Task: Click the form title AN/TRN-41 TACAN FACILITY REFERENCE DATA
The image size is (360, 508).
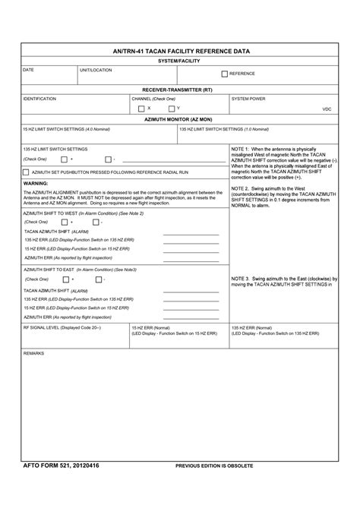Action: coord(181,52)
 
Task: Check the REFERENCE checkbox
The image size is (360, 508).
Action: coord(224,74)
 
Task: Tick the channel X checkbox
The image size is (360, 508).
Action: coord(141,109)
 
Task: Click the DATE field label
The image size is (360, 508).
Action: coord(28,70)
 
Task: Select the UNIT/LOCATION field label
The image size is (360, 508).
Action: coord(96,70)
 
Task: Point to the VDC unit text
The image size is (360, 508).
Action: coord(327,109)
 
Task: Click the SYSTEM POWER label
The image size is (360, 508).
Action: coord(248,99)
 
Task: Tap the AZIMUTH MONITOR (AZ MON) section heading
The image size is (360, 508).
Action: coord(180,119)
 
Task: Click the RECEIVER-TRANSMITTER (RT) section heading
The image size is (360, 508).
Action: coord(180,90)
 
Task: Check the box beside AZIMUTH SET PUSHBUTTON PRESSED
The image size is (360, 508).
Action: coord(27,172)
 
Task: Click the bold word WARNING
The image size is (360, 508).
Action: coord(36,183)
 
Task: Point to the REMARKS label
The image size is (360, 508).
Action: coord(34,354)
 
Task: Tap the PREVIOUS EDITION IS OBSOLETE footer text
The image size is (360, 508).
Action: coord(214,465)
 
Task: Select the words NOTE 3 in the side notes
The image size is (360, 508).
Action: coord(243,279)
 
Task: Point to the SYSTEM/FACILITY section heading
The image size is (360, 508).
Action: coord(180,61)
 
